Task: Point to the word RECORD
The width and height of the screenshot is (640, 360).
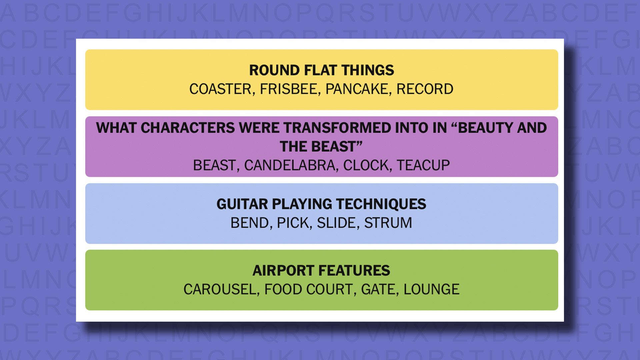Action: [x=425, y=89]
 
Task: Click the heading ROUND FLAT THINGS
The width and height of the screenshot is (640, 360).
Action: [x=322, y=70]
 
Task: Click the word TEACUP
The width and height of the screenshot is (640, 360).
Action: [x=423, y=165]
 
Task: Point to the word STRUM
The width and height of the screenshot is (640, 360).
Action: [x=388, y=223]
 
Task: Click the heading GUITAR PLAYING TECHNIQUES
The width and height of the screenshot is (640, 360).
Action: [x=321, y=204]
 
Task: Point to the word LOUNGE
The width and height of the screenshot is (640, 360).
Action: [x=431, y=289]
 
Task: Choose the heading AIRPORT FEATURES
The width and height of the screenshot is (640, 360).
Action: [x=321, y=271]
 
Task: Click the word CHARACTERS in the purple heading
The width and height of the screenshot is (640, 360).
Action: [x=188, y=128]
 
